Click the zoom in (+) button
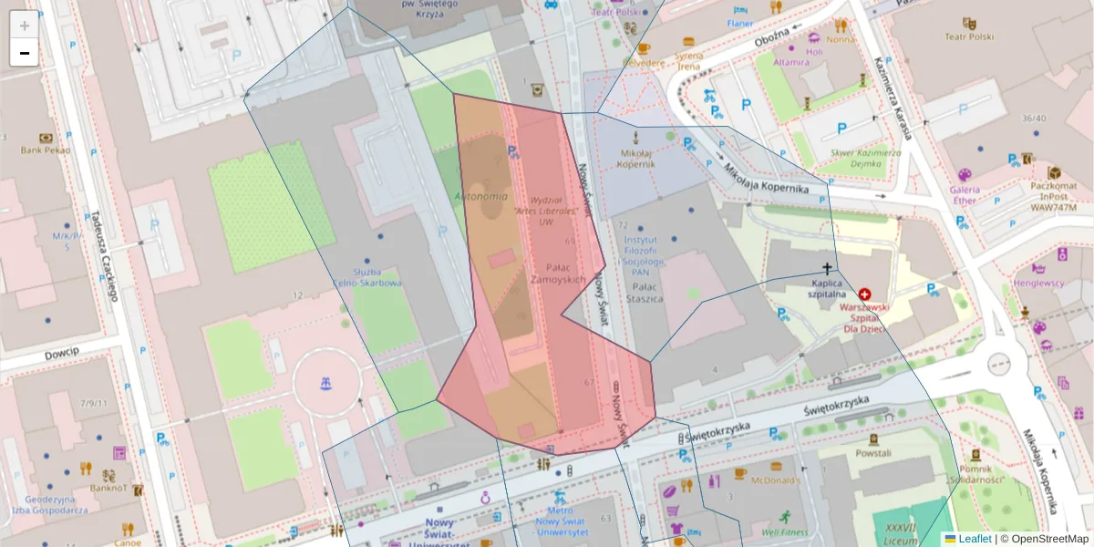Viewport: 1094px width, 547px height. click(x=25, y=25)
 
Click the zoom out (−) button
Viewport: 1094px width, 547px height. click(x=25, y=53)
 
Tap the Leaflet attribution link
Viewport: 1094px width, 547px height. click(x=974, y=539)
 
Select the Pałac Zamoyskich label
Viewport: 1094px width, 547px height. click(x=558, y=273)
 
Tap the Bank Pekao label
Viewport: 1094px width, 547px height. click(x=45, y=150)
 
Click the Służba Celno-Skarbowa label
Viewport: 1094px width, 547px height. click(x=365, y=277)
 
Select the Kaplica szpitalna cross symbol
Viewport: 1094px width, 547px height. click(x=828, y=268)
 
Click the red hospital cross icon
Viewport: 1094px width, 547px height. click(x=864, y=294)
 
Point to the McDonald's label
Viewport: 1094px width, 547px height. click(x=775, y=480)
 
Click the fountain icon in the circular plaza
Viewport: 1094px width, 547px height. click(x=325, y=384)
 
